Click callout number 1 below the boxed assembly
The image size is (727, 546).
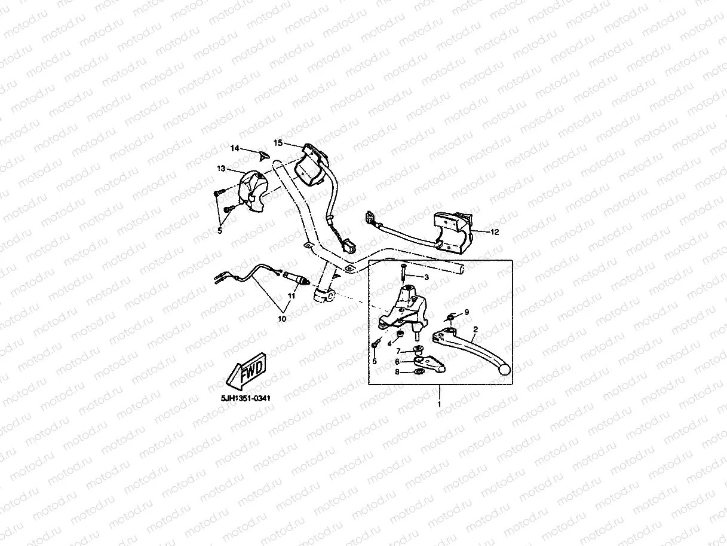440,404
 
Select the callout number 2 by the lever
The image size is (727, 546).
476,329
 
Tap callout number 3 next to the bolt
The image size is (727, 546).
426,277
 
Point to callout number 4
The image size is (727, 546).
389,344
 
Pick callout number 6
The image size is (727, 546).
397,361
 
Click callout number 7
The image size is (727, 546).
397,352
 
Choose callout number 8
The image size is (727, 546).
397,371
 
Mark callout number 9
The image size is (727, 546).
467,312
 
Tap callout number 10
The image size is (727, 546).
282,319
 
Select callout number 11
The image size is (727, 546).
293,295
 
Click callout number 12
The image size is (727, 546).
494,231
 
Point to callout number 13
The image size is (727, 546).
221,169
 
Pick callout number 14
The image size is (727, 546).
235,147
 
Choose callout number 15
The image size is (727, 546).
278,142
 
